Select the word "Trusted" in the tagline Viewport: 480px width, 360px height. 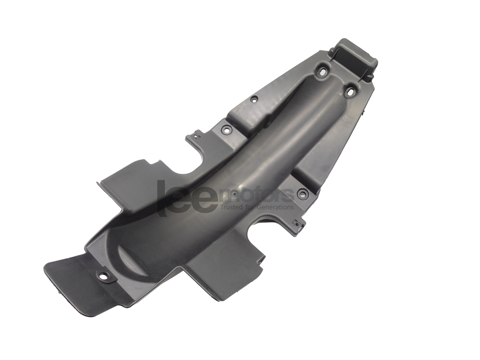(230, 207)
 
